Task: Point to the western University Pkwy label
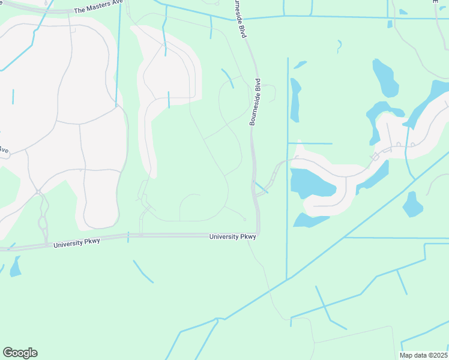pos(76,242)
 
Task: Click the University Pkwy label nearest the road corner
pos(233,237)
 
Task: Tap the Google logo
pos(20,353)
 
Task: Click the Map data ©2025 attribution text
pos(423,355)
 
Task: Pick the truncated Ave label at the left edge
pos(4,149)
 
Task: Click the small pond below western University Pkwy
pos(15,266)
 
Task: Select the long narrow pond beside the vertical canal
pos(295,100)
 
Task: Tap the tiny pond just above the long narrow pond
pos(300,64)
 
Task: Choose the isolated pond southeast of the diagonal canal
pos(412,205)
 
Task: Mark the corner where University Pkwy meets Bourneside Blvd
pos(258,233)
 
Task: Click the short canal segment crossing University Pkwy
pos(128,236)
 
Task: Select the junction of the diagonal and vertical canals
pos(287,278)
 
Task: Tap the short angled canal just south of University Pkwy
pos(143,271)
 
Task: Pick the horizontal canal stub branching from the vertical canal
pos(310,143)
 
